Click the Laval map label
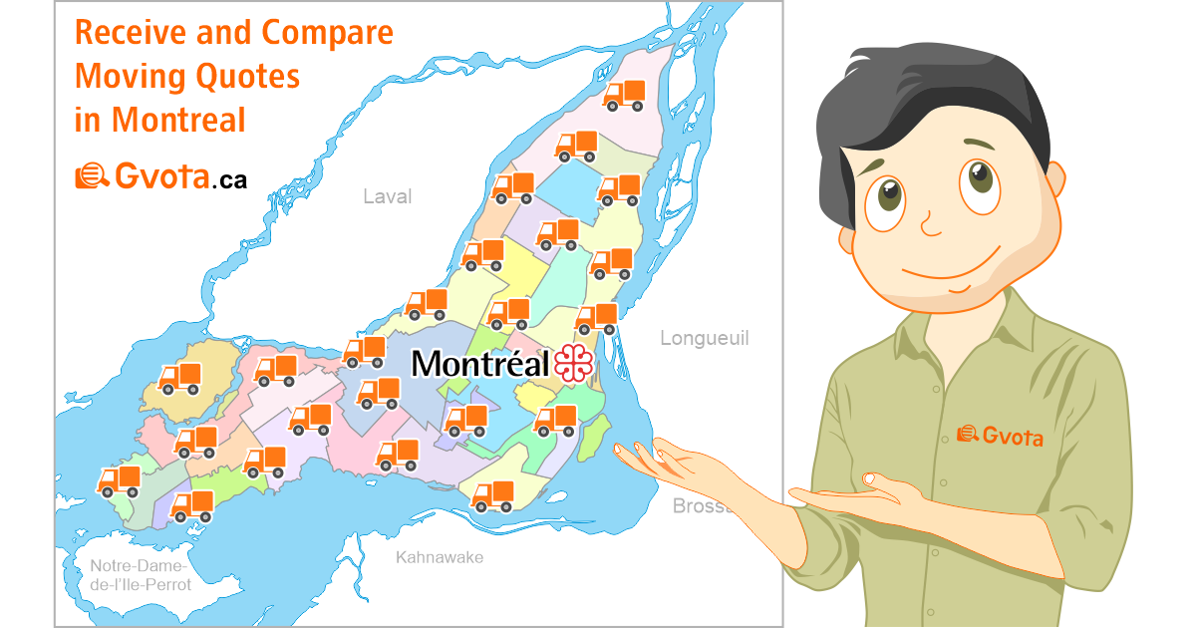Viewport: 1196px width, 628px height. click(x=387, y=196)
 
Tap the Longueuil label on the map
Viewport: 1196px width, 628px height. click(x=704, y=338)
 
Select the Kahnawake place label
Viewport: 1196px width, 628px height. click(x=439, y=557)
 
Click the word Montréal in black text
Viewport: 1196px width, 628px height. click(x=480, y=364)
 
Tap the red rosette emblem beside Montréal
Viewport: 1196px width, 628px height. click(x=574, y=364)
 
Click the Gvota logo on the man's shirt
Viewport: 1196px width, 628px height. click(x=1000, y=435)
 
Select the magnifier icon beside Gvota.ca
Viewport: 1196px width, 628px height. click(x=92, y=177)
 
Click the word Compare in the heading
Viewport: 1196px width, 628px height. click(x=328, y=33)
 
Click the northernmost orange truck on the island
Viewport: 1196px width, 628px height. click(x=625, y=95)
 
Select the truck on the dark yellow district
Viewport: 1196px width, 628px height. click(x=180, y=379)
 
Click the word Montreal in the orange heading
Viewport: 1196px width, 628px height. click(x=178, y=120)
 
